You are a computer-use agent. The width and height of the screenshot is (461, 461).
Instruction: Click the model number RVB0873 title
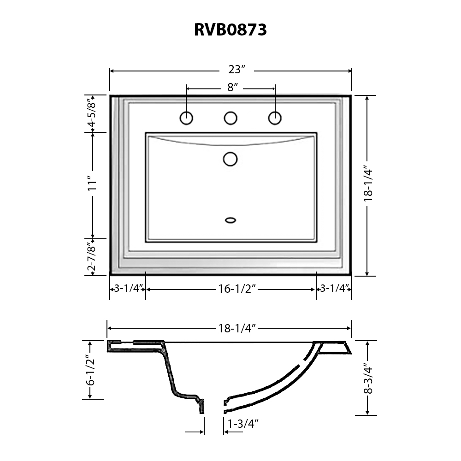point(230,30)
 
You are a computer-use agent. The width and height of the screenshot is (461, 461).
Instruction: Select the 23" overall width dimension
point(236,70)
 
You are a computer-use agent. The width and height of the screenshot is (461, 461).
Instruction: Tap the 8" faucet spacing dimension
point(232,88)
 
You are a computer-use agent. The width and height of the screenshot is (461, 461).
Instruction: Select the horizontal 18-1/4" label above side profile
point(237,328)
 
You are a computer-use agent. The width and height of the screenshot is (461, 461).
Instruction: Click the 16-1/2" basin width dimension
point(237,289)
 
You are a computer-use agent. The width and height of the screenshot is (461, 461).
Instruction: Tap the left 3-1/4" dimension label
point(128,289)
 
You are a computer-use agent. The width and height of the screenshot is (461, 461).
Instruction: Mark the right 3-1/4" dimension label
point(333,289)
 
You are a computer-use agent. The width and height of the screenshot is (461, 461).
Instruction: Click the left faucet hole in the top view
point(186,118)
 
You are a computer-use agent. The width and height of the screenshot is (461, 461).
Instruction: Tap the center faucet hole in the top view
point(230,118)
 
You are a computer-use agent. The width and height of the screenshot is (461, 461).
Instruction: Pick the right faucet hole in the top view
point(275,118)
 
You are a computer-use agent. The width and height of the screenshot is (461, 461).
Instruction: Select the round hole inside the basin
point(230,159)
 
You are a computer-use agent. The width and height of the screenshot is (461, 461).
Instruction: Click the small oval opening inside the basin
point(230,220)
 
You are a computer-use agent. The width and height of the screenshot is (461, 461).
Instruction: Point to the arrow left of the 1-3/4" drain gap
point(195,432)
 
